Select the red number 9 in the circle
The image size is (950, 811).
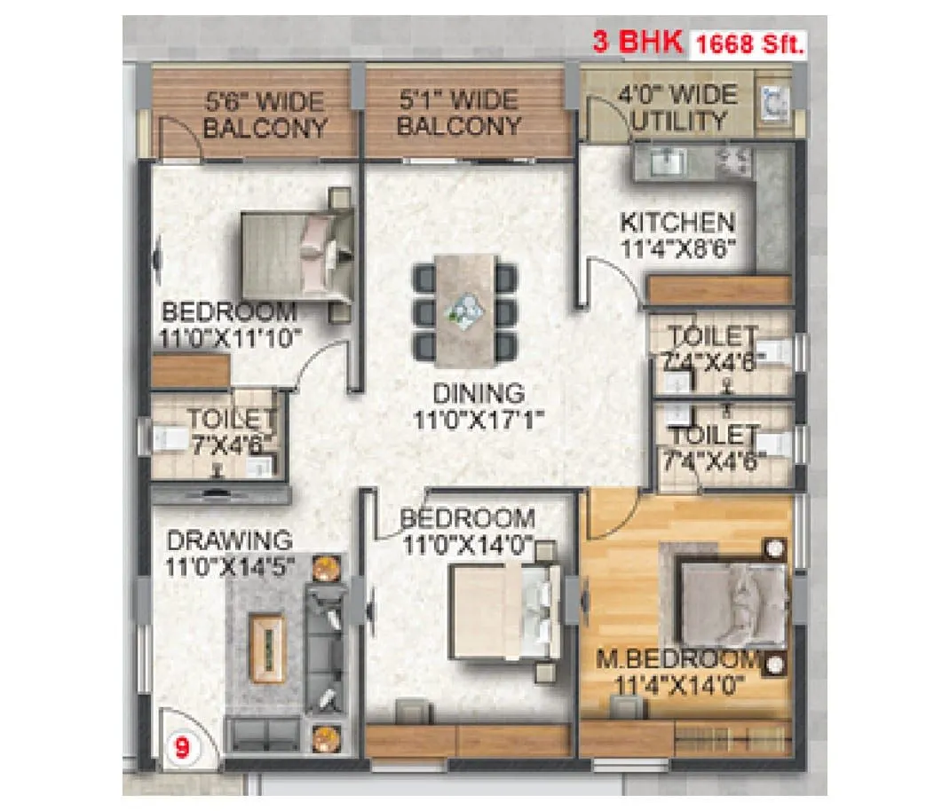click(183, 746)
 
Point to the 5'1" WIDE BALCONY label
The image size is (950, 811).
click(458, 112)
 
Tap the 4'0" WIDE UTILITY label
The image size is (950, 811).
click(683, 107)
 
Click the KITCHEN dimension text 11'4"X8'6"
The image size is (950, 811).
click(677, 249)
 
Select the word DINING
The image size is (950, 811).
click(479, 392)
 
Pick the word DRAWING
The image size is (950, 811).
click(229, 539)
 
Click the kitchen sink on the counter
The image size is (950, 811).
click(661, 161)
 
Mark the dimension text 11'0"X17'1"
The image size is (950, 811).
click(479, 419)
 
